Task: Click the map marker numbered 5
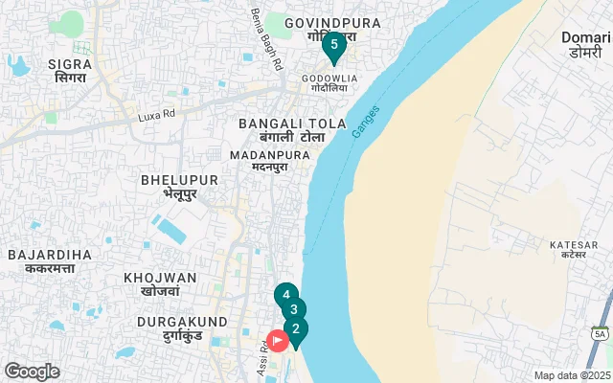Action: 333,45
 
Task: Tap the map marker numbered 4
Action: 285,296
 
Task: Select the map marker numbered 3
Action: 294,310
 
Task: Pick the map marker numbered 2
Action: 296,330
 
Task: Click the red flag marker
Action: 278,340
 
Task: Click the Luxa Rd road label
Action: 157,113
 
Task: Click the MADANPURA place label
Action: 269,160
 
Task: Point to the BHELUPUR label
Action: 179,186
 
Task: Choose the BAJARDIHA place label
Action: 49,260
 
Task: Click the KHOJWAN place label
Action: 160,283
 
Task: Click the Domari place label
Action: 586,44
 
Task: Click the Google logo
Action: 32,371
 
